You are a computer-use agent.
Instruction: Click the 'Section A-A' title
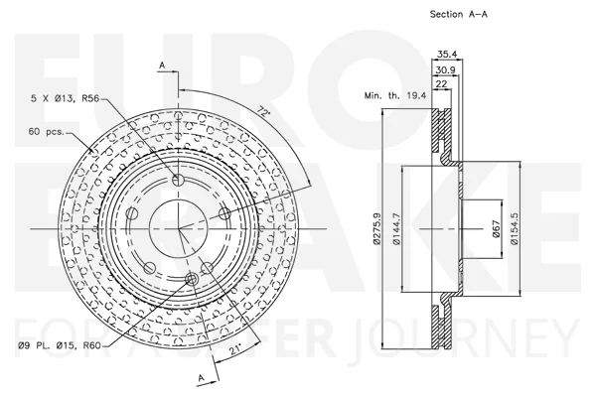(458, 14)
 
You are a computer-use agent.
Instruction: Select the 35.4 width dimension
(447, 54)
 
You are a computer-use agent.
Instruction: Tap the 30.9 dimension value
(445, 69)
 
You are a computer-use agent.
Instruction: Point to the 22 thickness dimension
(441, 83)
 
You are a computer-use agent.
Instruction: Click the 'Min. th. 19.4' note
(395, 95)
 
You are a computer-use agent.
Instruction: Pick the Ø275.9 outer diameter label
(376, 228)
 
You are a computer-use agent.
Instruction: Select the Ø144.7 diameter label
(396, 228)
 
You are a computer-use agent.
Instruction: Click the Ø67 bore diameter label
(497, 228)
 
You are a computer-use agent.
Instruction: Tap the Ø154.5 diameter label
(515, 228)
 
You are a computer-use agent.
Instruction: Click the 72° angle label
(262, 111)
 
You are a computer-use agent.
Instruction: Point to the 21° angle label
(235, 349)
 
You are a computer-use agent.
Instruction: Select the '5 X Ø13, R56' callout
(65, 98)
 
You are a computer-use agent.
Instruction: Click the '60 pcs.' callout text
(47, 132)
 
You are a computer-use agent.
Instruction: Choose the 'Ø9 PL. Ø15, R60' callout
(60, 345)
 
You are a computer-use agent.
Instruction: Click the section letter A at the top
(162, 66)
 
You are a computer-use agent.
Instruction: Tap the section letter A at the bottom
(201, 378)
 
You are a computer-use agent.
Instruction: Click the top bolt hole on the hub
(178, 180)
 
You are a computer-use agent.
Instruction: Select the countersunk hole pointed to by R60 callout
(192, 280)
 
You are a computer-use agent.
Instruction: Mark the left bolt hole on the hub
(132, 213)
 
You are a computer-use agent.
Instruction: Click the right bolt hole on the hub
(225, 213)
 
